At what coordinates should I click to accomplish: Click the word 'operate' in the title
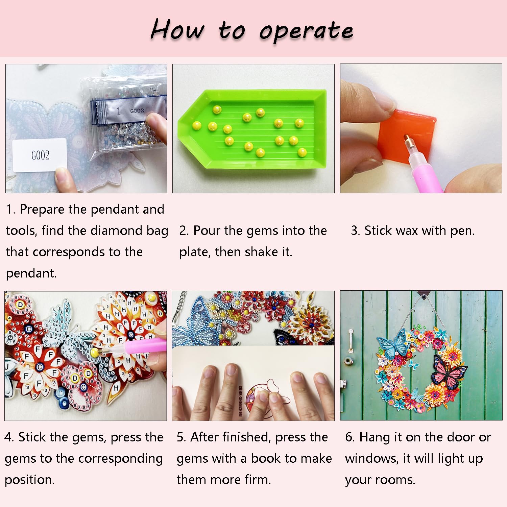coord(306,31)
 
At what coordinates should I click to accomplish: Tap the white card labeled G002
coord(40,155)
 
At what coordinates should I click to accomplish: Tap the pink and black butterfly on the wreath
coord(449,371)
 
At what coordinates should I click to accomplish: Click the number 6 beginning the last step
coord(349,437)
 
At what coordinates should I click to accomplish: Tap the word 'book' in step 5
coord(266,458)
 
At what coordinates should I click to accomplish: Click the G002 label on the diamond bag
coord(137,111)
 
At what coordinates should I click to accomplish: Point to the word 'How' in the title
coord(177,30)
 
